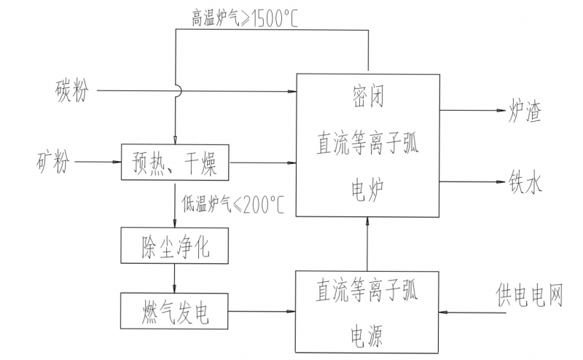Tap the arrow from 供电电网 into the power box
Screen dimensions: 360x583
tap(466, 311)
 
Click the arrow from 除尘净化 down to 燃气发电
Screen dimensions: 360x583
tap(175, 278)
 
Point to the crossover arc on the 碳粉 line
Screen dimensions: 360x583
tap(176, 90)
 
